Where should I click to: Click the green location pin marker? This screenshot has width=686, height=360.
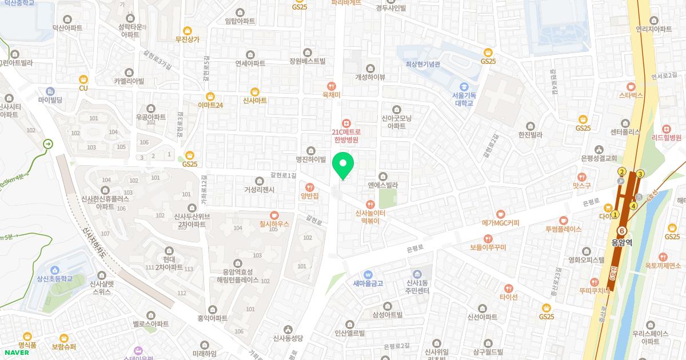(343, 166)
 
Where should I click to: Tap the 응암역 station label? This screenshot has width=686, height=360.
(621, 242)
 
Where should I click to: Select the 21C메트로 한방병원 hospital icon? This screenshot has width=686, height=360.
(345, 123)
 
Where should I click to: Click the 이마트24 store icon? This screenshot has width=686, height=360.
(210, 96)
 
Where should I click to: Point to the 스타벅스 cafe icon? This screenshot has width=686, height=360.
(631, 86)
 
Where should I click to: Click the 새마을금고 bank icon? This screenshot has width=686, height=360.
(368, 274)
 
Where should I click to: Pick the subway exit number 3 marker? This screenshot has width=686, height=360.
(640, 174)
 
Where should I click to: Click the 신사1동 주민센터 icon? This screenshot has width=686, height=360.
(417, 274)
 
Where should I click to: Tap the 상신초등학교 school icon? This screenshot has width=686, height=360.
(55, 270)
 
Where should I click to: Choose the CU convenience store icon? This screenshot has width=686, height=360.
(83, 79)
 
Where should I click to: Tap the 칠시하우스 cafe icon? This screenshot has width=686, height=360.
(274, 215)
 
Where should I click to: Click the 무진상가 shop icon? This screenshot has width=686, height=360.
(187, 30)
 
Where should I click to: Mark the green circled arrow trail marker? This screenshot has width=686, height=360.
(48, 145)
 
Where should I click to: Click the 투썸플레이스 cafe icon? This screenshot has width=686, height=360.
(563, 219)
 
